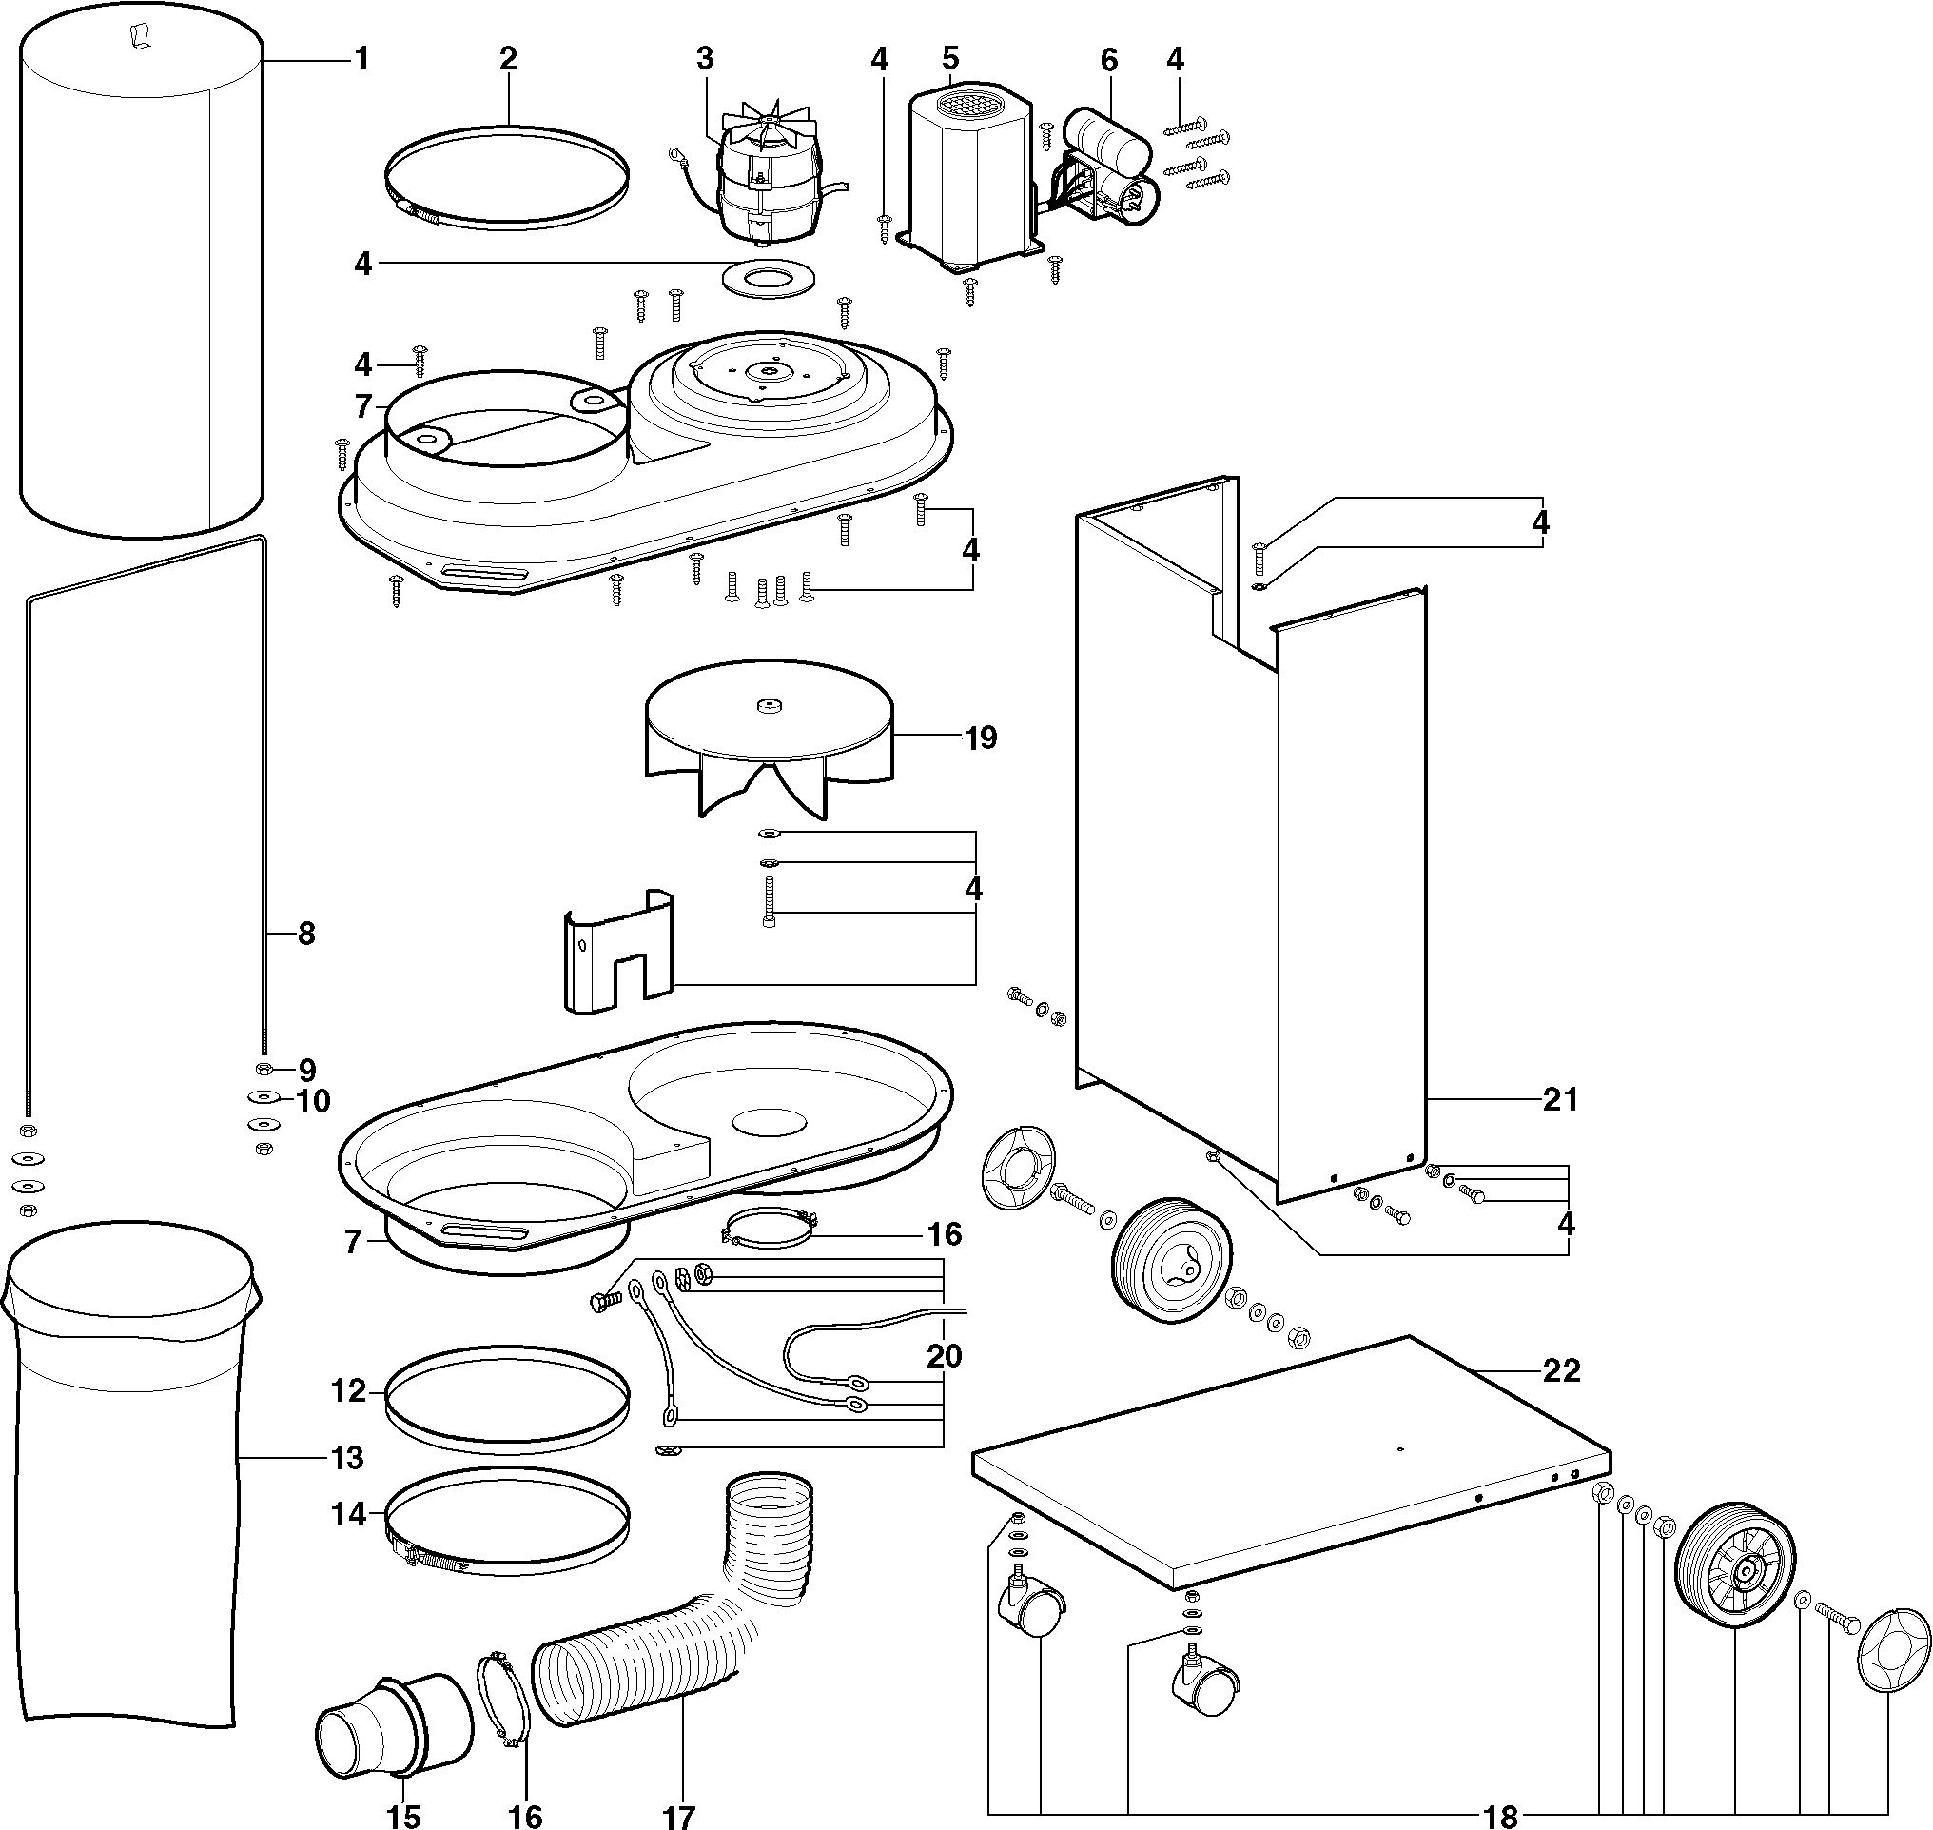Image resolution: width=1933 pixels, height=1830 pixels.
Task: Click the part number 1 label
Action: [x=361, y=60]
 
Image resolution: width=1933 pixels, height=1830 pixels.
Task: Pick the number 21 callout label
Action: [x=1559, y=1099]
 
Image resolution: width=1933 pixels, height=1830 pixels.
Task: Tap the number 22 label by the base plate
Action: [x=1560, y=1370]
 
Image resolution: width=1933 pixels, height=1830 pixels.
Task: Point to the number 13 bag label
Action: [x=347, y=1458]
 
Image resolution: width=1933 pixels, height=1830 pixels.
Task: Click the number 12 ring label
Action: [x=348, y=1390]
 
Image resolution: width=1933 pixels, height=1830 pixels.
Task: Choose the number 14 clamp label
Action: [x=348, y=1514]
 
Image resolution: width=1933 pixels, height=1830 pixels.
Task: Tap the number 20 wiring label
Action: [x=943, y=1356]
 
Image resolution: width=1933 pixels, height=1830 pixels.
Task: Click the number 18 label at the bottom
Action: [x=1501, y=1816]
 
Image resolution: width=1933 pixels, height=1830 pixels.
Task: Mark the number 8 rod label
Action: [x=306, y=934]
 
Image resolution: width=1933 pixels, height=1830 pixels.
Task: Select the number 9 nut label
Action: [x=307, y=1069]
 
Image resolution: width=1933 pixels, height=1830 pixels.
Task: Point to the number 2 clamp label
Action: [x=508, y=59]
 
